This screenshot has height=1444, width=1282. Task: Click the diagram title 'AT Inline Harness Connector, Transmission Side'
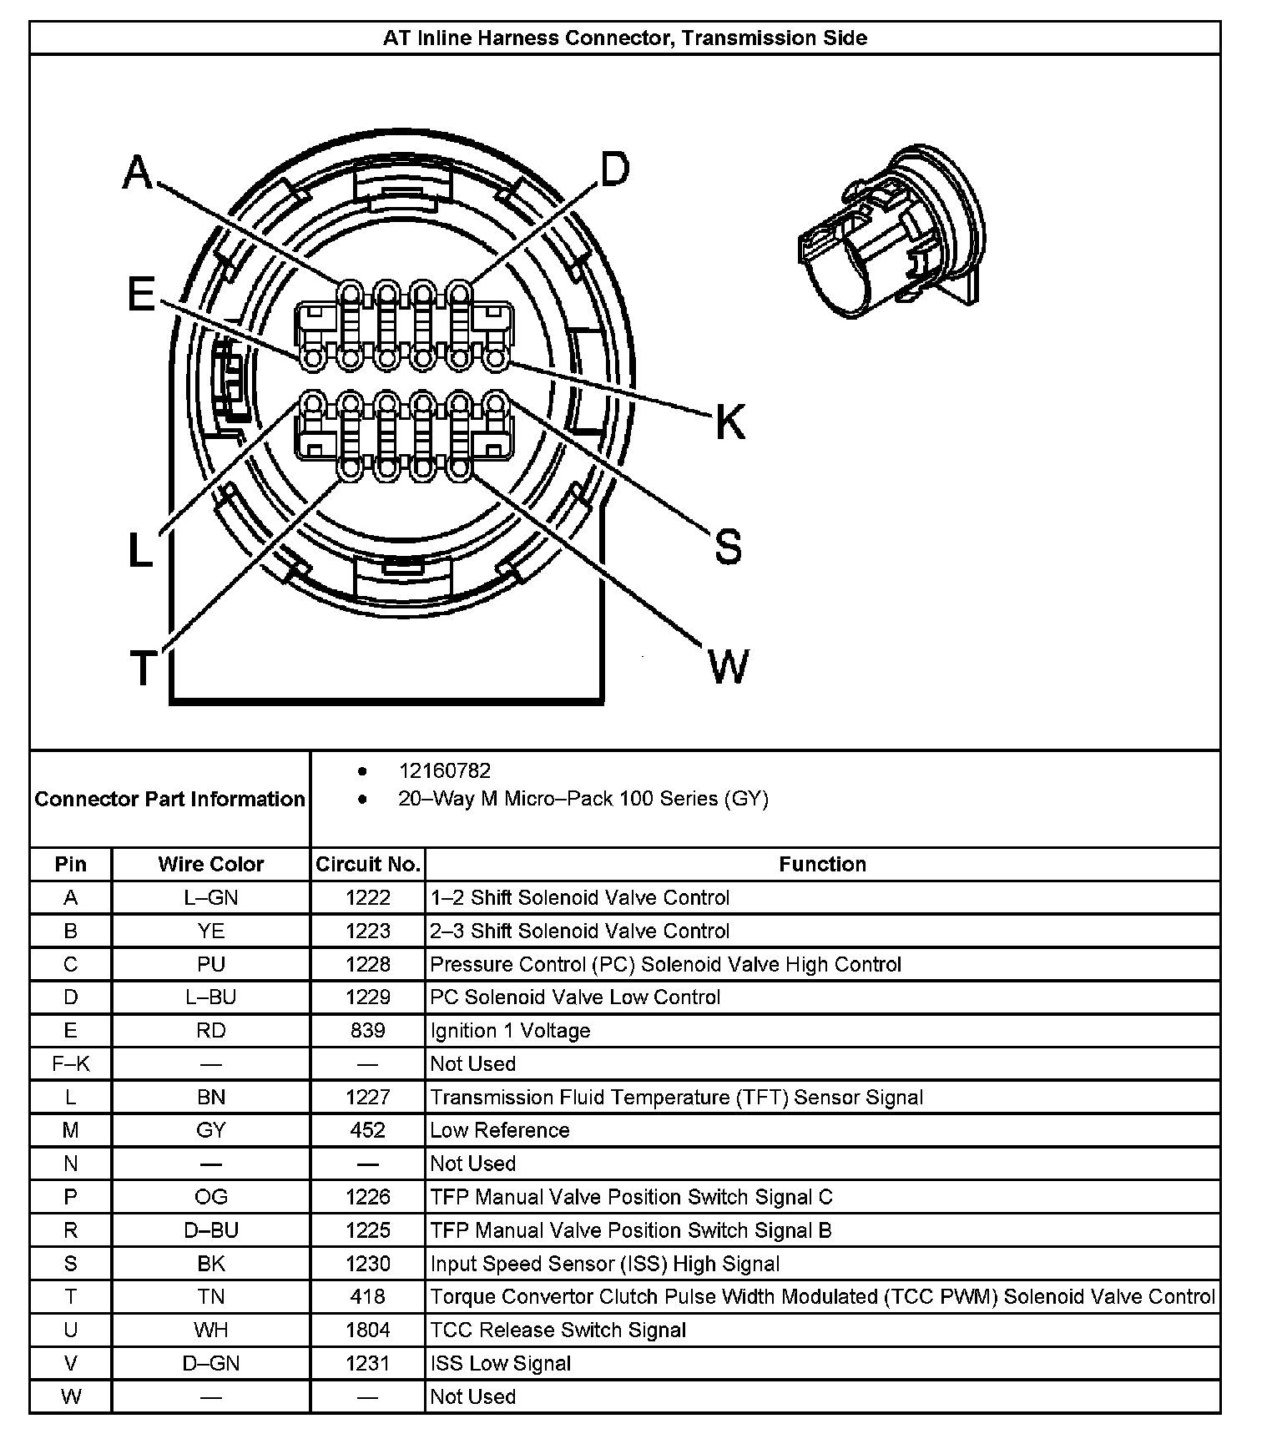click(624, 38)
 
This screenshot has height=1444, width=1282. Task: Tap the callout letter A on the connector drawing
click(139, 173)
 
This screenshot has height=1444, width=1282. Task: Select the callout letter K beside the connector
click(730, 422)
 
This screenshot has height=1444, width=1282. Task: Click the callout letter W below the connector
click(729, 666)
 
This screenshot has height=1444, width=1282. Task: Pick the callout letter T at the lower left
click(143, 668)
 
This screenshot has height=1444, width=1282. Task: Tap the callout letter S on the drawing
click(728, 547)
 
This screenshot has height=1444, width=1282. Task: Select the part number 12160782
click(445, 770)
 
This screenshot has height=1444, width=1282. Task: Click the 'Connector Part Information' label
click(169, 799)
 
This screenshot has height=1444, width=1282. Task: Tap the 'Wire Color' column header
click(210, 864)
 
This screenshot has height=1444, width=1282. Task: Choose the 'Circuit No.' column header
click(367, 864)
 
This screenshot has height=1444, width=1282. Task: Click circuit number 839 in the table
click(367, 1030)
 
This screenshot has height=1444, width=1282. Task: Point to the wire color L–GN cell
click(210, 897)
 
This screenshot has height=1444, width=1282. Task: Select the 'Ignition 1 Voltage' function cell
click(510, 1030)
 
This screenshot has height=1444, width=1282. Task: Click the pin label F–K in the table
click(71, 1063)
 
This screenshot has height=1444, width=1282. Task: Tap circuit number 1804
click(367, 1330)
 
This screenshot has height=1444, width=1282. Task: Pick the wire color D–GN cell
click(210, 1363)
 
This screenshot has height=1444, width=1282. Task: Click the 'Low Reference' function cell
click(499, 1130)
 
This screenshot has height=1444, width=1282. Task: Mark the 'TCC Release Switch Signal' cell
click(558, 1330)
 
